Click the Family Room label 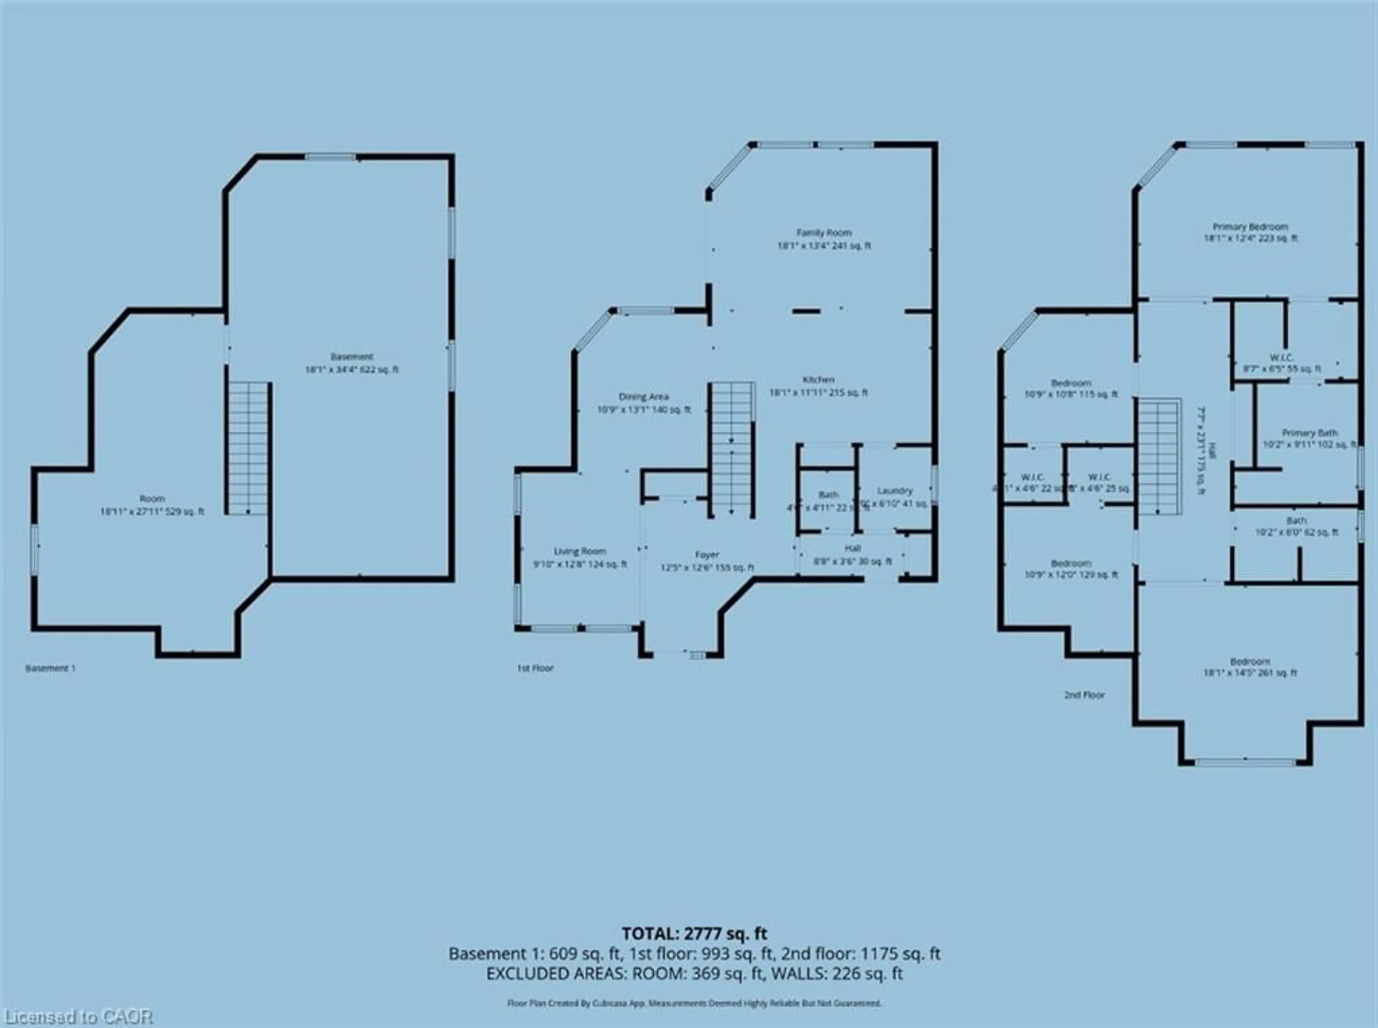[824, 233]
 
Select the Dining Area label [643, 397]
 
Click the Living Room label [580, 552]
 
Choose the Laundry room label [894, 491]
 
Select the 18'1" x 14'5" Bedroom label [1250, 662]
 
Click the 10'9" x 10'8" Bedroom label [1070, 383]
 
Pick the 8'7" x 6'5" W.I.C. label [1281, 358]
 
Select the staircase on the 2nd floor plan [1159, 457]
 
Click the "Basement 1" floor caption [50, 669]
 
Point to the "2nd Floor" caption [1084, 695]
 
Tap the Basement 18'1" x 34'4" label [352, 357]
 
